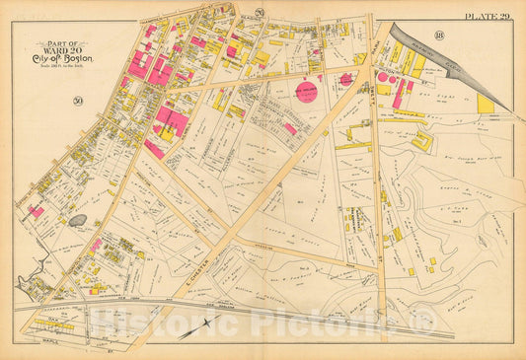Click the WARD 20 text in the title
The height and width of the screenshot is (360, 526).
[x=62, y=52]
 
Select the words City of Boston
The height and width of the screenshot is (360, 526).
[x=62, y=62]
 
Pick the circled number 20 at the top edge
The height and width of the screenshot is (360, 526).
[x=259, y=12]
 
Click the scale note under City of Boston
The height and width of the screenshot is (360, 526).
[x=62, y=71]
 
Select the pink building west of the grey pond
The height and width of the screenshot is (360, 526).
[x=36, y=211]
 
